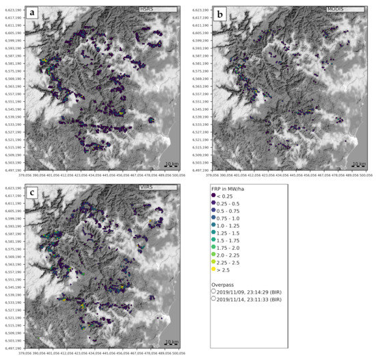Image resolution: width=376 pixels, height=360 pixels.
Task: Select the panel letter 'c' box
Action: click(x=32, y=191)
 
